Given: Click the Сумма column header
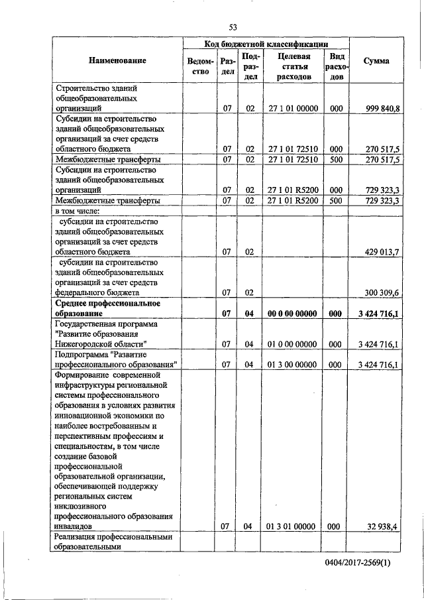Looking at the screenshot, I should tap(376, 61).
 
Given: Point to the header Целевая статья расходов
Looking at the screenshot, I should tap(294, 66).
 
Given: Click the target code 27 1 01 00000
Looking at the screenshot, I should tap(293, 107).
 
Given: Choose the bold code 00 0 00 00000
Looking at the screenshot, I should tap(293, 313).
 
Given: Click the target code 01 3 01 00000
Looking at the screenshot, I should tap(293, 526).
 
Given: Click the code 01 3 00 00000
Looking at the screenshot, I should tap(293, 365).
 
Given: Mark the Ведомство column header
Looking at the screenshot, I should tap(200, 66).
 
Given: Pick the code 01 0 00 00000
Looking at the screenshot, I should tap(293, 344).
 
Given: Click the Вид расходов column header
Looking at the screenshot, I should tap(336, 66).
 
